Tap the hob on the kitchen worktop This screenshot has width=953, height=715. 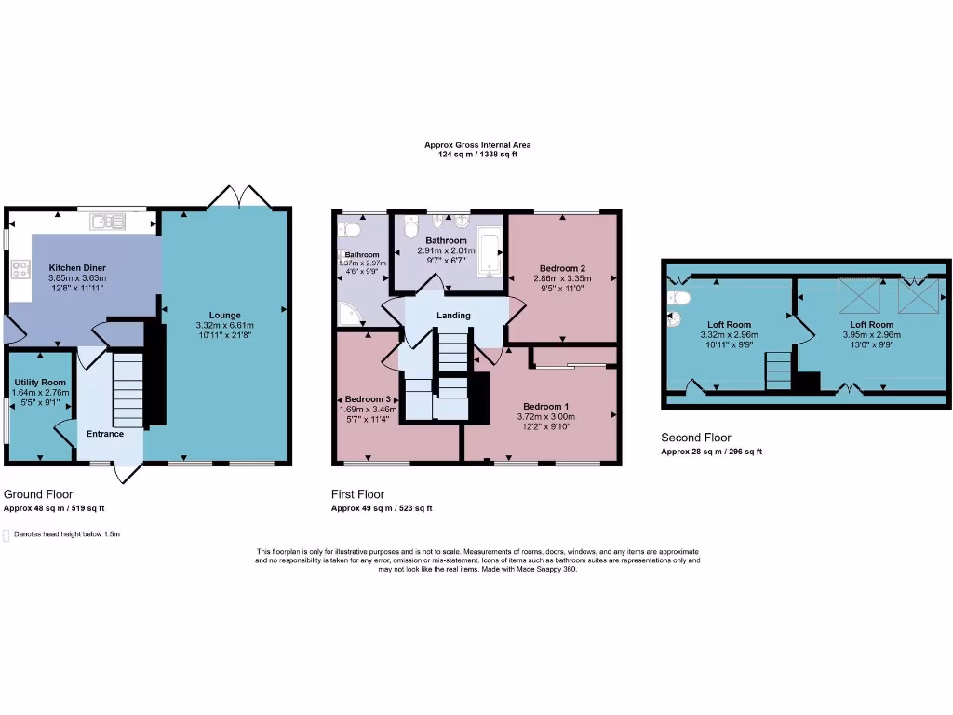[20, 269]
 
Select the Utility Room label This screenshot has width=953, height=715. [40, 383]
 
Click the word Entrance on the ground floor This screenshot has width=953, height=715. [105, 434]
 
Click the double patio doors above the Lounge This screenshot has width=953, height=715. [241, 196]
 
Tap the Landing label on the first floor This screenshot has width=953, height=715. [454, 315]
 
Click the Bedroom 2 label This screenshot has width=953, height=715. [562, 268]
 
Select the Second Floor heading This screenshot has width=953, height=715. [696, 438]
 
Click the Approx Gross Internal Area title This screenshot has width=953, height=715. [477, 145]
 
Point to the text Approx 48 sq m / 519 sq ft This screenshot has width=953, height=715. [55, 508]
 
